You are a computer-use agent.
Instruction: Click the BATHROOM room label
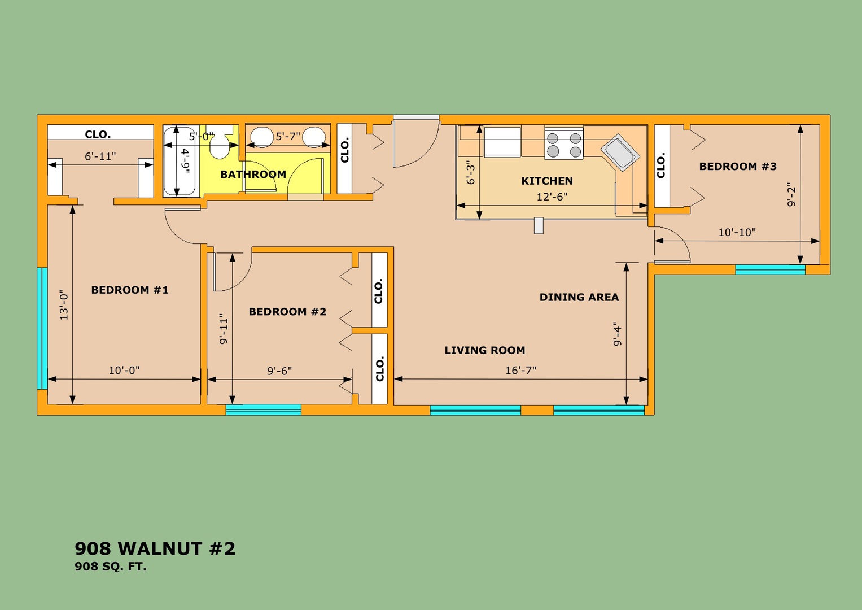point(253,175)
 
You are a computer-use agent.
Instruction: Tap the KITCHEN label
point(547,181)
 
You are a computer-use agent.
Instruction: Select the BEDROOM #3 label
point(738,167)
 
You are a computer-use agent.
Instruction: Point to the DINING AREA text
point(579,297)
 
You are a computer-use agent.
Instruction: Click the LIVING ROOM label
point(485,350)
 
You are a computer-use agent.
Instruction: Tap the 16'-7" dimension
point(520,371)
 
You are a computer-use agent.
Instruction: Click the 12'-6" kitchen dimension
point(552,197)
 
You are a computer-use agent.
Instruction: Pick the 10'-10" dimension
point(737,232)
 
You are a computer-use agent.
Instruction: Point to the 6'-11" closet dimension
point(100,156)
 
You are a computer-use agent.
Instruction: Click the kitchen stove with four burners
point(564,144)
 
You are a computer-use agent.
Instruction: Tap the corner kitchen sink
point(620,153)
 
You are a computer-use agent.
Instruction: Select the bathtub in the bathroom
point(181,162)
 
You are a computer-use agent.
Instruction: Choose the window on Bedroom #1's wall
point(42,329)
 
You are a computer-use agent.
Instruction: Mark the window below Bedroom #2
point(263,409)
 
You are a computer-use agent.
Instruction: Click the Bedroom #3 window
point(771,269)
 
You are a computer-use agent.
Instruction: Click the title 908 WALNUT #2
point(155,548)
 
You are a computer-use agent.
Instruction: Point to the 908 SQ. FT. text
point(111,567)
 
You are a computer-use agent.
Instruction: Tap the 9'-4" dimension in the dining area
point(617,334)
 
